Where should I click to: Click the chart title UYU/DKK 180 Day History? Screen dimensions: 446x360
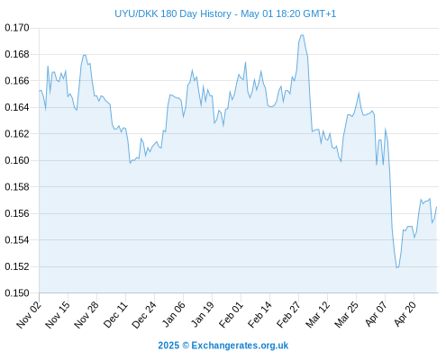click(x=173, y=13)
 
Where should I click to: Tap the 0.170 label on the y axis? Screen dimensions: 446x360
click(x=17, y=28)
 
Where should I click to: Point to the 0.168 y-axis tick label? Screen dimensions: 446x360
click(x=17, y=55)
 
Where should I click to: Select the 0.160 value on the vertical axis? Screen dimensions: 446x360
click(x=17, y=160)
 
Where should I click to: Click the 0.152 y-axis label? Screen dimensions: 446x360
click(x=17, y=266)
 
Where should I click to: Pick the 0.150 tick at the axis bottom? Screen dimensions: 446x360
click(x=17, y=292)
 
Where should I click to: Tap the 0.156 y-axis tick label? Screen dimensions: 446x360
click(x=17, y=213)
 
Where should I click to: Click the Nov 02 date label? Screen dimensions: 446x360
click(x=29, y=315)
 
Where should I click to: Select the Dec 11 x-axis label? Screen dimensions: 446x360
click(x=115, y=315)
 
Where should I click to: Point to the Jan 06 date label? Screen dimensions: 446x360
click(x=173, y=315)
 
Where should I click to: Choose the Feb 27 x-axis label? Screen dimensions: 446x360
click(x=288, y=315)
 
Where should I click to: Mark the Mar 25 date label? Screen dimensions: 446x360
click(x=346, y=315)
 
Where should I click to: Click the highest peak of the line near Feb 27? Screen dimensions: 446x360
click(x=302, y=35)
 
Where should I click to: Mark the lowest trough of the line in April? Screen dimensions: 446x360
click(x=397, y=267)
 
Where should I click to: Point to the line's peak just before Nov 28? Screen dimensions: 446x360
click(x=85, y=55)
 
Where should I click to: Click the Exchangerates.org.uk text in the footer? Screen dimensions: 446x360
click(x=240, y=346)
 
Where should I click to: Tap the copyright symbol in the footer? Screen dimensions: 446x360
click(x=186, y=346)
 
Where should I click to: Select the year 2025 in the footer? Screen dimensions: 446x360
click(x=168, y=346)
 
